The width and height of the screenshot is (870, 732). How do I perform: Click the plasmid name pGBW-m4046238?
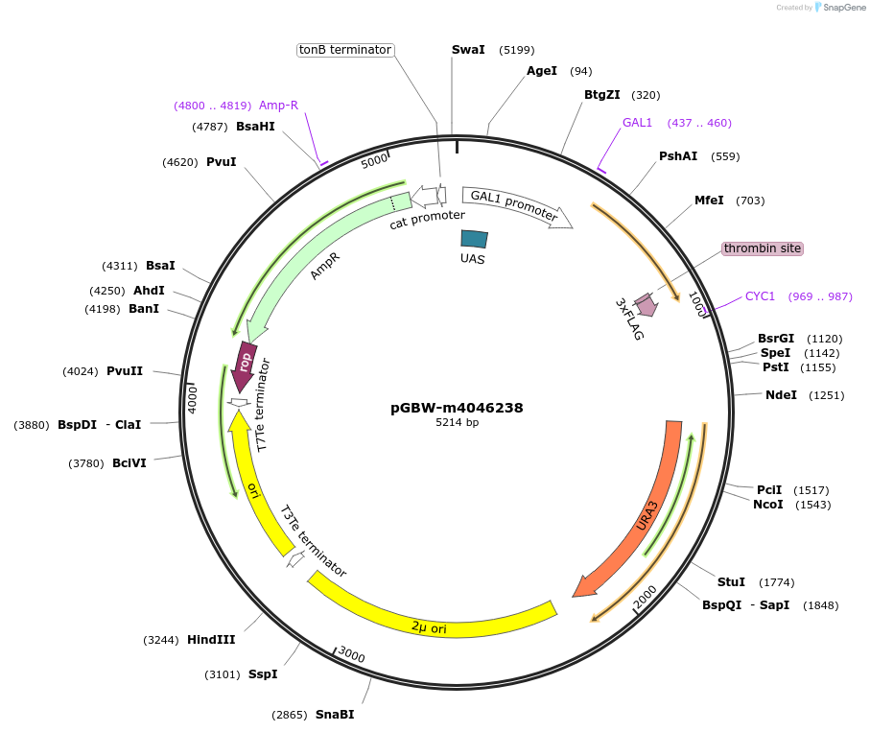tap(457, 408)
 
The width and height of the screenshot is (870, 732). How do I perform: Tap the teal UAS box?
tap(474, 239)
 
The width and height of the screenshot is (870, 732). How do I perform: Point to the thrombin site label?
tap(762, 248)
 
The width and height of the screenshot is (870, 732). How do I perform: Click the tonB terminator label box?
tap(345, 50)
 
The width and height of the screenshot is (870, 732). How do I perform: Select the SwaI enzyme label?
tap(468, 50)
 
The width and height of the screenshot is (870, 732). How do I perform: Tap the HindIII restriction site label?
tap(211, 640)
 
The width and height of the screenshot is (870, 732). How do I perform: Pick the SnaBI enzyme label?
tap(334, 715)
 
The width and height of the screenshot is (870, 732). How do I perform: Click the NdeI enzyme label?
tap(781, 395)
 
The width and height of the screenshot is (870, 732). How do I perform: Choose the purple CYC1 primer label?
tap(760, 296)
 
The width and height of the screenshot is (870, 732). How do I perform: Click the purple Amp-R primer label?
tap(278, 106)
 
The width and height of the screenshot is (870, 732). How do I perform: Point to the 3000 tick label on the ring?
tap(351, 655)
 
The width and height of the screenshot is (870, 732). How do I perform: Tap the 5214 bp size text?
tap(457, 423)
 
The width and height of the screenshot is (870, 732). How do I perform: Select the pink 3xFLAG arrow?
tap(646, 305)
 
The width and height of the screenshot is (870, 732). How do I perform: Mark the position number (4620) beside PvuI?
tap(179, 162)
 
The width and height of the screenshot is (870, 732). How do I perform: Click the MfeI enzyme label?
tap(709, 201)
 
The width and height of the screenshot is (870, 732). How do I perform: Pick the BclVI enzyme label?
tap(129, 463)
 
